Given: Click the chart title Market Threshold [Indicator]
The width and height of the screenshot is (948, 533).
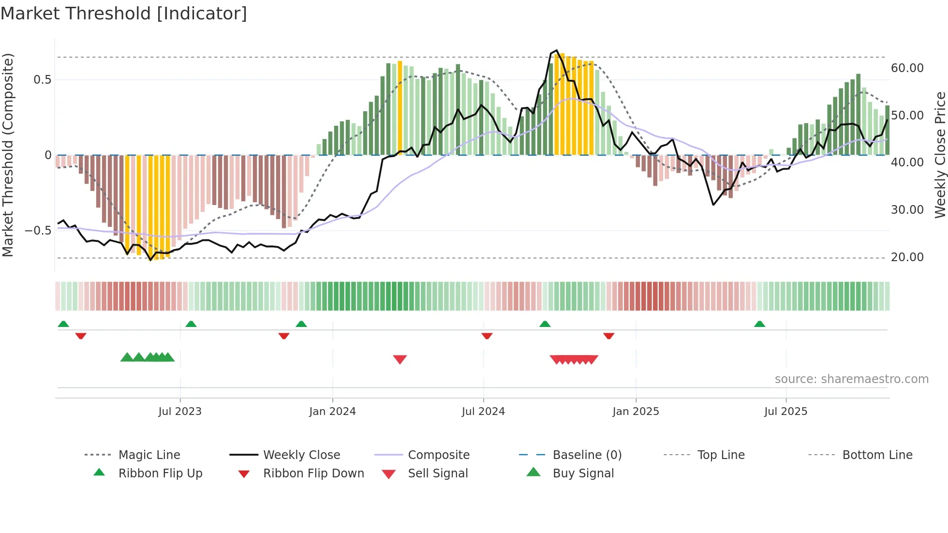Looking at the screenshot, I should [x=124, y=14].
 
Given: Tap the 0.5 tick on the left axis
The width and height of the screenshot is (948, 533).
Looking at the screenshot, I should [x=43, y=80].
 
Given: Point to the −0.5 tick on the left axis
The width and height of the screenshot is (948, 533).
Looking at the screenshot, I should [x=38, y=231].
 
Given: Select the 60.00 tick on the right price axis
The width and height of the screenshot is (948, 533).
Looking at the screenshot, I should [x=907, y=68].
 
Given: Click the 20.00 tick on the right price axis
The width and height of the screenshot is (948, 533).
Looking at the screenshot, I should [x=907, y=257].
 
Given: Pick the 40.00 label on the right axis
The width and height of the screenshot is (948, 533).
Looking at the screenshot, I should [x=907, y=163].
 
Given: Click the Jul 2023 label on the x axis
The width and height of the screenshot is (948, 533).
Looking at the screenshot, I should [x=180, y=412].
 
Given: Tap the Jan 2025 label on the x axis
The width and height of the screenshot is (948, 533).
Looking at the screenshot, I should [x=636, y=412].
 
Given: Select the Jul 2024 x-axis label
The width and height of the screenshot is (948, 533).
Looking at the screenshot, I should [x=483, y=412].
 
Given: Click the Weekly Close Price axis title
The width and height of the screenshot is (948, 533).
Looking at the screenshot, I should [x=940, y=155].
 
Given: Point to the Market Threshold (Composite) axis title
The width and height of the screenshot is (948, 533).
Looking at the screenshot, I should [x=8, y=155].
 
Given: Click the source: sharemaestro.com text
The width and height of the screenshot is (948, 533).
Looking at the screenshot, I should [x=851, y=379].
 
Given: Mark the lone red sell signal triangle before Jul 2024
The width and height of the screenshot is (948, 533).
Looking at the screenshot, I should [x=400, y=359].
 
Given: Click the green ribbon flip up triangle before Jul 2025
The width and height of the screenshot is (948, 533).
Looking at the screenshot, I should [x=759, y=324].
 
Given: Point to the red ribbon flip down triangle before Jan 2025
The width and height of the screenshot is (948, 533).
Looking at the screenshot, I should [x=609, y=336].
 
